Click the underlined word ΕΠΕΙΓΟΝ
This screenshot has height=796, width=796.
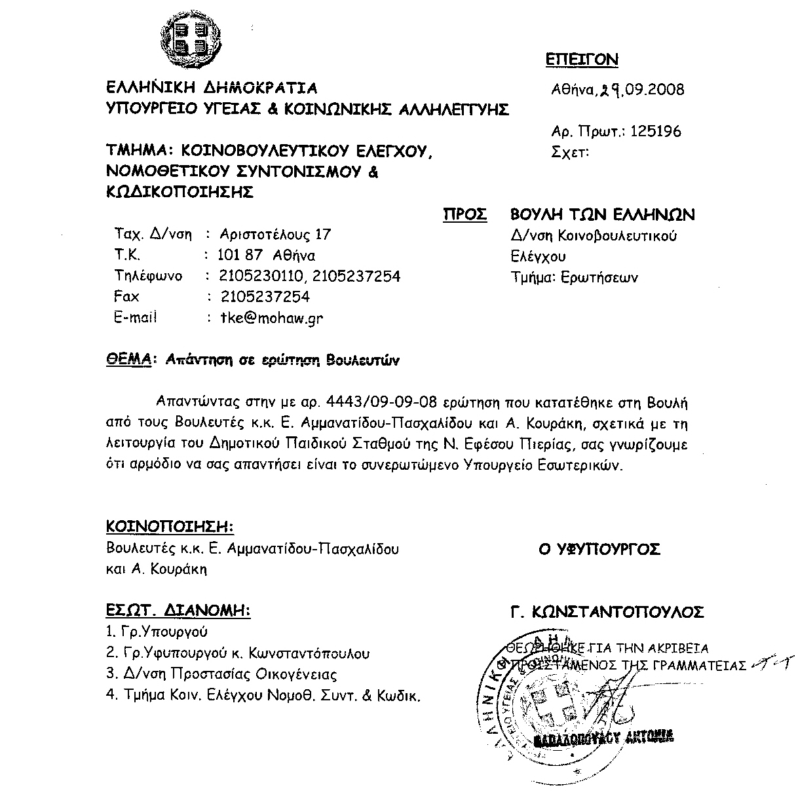[x=582, y=60]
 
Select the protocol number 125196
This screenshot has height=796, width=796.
[x=656, y=132]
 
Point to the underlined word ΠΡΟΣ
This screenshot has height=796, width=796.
[x=465, y=214]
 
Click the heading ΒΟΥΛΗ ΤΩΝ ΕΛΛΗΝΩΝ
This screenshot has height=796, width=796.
[x=602, y=214]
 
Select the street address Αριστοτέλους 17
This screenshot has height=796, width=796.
[x=276, y=234]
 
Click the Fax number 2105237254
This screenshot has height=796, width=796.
[x=265, y=297]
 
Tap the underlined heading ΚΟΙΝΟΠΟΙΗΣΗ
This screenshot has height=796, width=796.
[x=170, y=527]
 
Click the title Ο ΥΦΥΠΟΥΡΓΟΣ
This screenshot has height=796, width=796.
[x=599, y=549]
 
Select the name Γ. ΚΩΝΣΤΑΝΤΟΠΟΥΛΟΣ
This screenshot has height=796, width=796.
[x=607, y=613]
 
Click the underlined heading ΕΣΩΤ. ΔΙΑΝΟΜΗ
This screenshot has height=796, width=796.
[x=178, y=611]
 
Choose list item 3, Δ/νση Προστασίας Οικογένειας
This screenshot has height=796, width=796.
[x=221, y=674]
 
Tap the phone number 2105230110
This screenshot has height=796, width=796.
[x=262, y=276]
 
